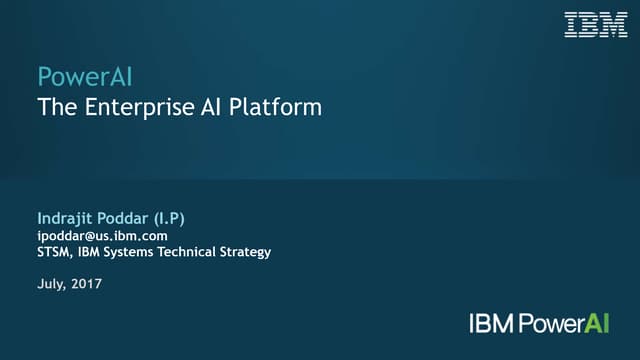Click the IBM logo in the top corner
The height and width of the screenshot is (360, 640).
click(596, 25)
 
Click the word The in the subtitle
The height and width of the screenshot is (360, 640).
click(55, 107)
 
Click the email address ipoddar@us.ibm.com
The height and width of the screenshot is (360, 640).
click(101, 235)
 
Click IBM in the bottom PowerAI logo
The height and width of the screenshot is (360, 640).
click(490, 323)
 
